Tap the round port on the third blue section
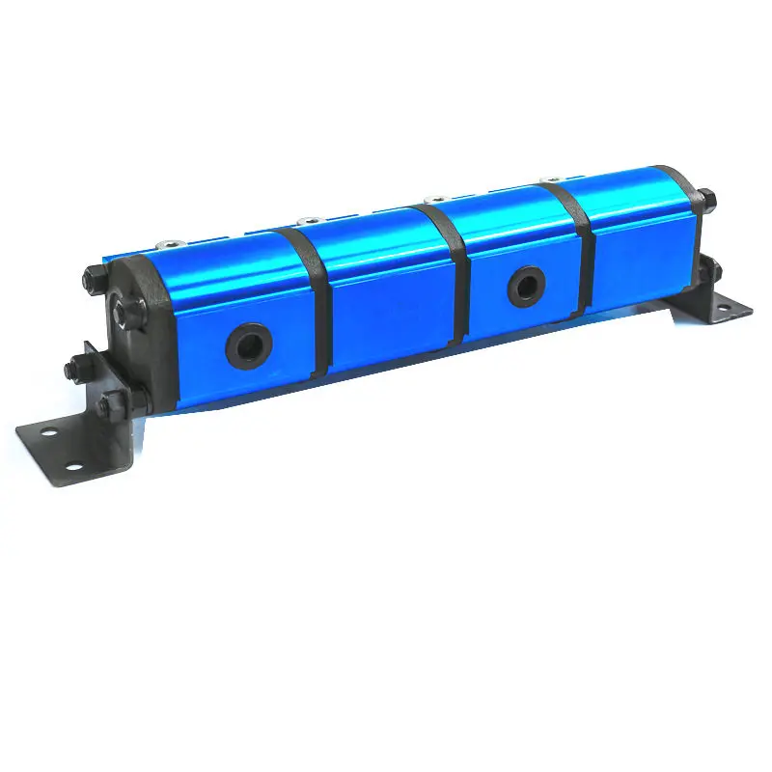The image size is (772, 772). coord(526,284)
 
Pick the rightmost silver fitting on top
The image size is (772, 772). coord(552,179)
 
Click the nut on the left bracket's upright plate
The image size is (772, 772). coord(73,368)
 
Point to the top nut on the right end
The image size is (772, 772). coord(707,202)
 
